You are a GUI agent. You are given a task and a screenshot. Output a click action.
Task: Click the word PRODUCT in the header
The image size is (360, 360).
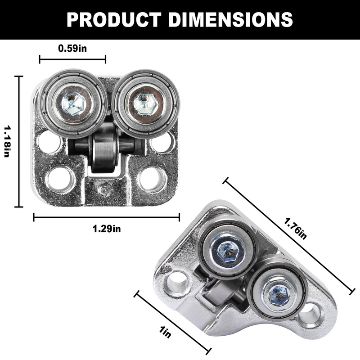tap(114, 20)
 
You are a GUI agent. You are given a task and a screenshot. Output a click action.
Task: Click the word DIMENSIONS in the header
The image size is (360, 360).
tap(230, 20)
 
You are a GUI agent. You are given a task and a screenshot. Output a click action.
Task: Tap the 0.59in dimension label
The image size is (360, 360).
tap(72, 49)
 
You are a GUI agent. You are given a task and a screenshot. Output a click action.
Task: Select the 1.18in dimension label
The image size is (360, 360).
tap(7, 141)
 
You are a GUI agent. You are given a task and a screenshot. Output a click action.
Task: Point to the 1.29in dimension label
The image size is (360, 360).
tap(107, 229)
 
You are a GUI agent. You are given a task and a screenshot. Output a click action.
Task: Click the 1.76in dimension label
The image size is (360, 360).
tap(295, 229)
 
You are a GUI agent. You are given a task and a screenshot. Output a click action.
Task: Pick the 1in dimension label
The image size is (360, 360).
tap(165, 332)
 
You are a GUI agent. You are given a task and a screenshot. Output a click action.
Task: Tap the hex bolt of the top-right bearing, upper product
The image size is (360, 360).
tap(145, 104)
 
